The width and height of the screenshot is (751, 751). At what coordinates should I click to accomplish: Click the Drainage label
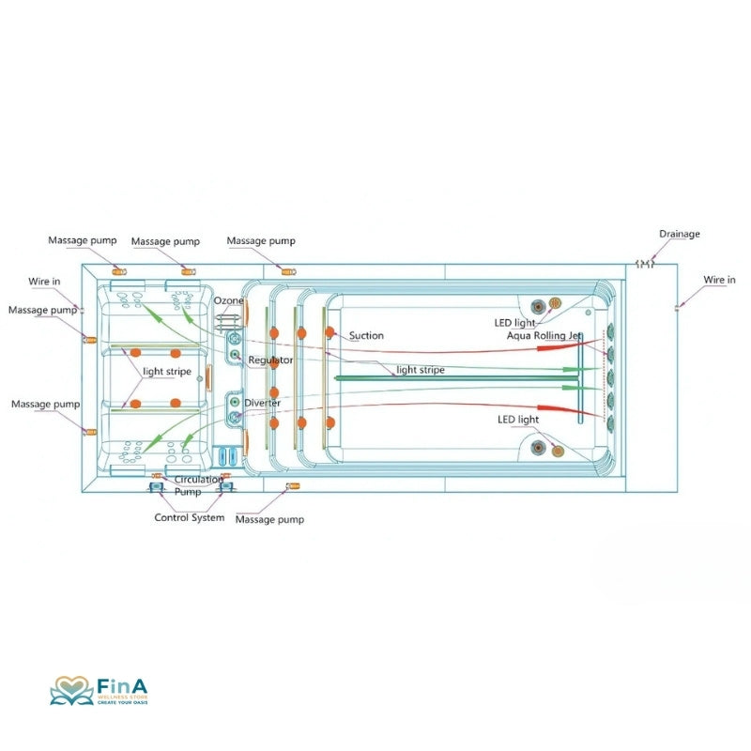coord(679,234)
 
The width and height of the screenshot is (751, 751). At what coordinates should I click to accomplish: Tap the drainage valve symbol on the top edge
coord(645,264)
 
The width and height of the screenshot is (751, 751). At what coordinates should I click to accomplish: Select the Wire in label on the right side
coord(720,280)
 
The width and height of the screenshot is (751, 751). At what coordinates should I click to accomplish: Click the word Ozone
coord(228,300)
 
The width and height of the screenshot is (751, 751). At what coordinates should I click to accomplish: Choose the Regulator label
coord(270,360)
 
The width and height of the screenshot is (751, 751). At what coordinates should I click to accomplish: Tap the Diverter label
coord(262,403)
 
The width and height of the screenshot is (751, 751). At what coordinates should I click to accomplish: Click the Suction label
coord(366,335)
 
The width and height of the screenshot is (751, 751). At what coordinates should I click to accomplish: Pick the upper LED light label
coord(514,323)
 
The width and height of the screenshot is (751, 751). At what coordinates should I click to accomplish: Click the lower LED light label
coord(518,419)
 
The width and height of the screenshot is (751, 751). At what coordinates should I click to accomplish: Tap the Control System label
coord(189,517)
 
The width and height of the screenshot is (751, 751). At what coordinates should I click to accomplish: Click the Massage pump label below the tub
coord(269,519)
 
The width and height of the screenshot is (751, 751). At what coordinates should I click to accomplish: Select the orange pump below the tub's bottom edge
coord(292,485)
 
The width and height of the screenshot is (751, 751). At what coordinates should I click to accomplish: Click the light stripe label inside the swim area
coord(421,370)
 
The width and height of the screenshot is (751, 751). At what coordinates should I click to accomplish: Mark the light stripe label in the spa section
coord(166,372)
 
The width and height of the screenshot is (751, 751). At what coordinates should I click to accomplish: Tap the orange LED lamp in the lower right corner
coord(558,452)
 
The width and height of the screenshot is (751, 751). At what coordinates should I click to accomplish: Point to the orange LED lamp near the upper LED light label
coord(554,303)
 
